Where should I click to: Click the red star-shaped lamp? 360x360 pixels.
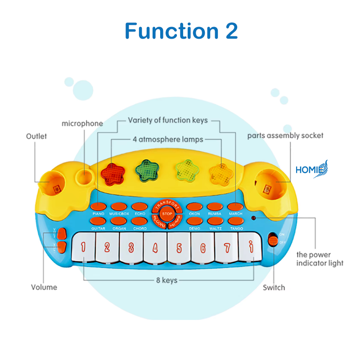click(113, 172)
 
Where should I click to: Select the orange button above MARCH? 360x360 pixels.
click(235, 207)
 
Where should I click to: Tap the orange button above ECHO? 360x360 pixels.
click(140, 207)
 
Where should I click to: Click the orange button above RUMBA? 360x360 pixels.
click(215, 207)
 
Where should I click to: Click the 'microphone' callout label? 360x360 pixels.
click(82, 123)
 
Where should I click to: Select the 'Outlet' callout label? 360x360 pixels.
click(36, 136)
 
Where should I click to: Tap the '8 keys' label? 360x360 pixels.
click(166, 280)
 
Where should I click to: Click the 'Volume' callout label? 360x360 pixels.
click(44, 287)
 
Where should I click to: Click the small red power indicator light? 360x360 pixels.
click(254, 218)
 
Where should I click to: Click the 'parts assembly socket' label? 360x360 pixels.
click(285, 135)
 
